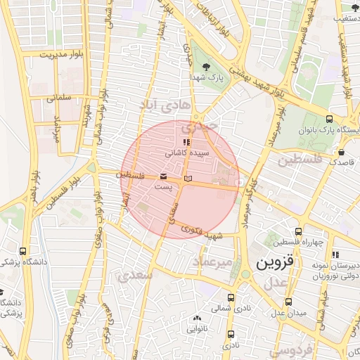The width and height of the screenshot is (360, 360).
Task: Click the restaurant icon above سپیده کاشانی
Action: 186,142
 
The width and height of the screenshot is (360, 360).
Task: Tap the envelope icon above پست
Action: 164,176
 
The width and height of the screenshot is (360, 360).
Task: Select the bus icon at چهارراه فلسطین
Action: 299,231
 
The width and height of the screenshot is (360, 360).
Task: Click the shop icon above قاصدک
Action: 341,152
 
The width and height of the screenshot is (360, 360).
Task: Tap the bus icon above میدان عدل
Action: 288,301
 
